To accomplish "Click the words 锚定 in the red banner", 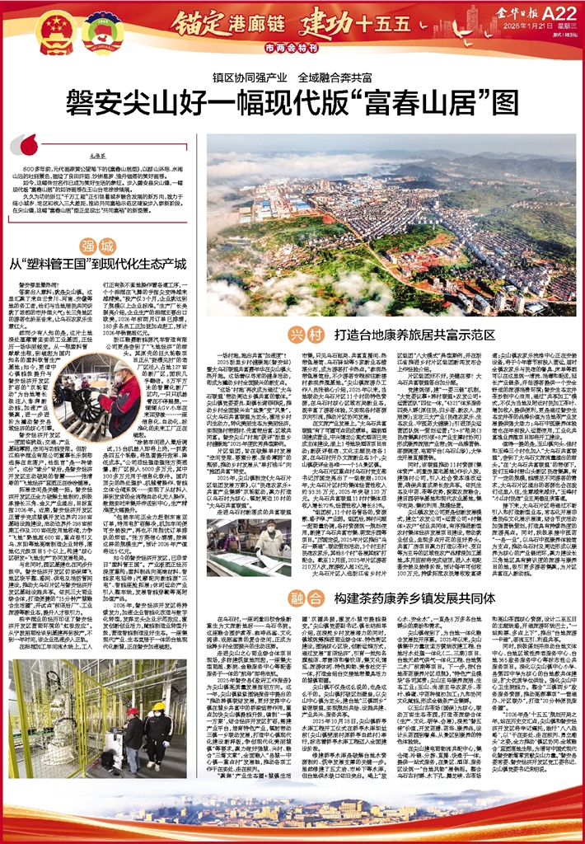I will coord(189,19).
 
